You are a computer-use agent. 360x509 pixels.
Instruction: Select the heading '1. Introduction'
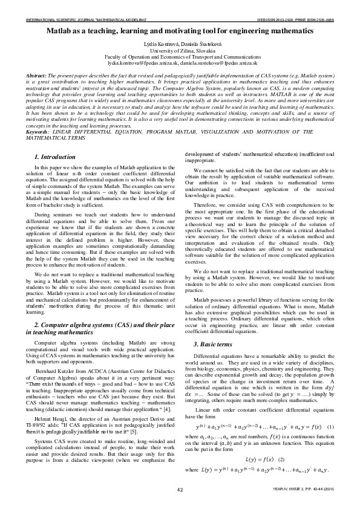point(54,157)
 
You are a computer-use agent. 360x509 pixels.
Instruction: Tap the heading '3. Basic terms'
point(212,343)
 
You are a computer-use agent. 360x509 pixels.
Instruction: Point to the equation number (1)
point(330,427)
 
